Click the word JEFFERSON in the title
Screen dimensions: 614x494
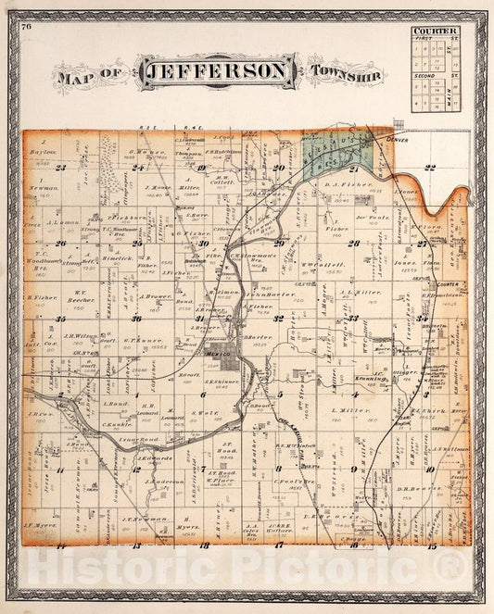(218, 70)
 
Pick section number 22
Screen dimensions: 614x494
(429, 168)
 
